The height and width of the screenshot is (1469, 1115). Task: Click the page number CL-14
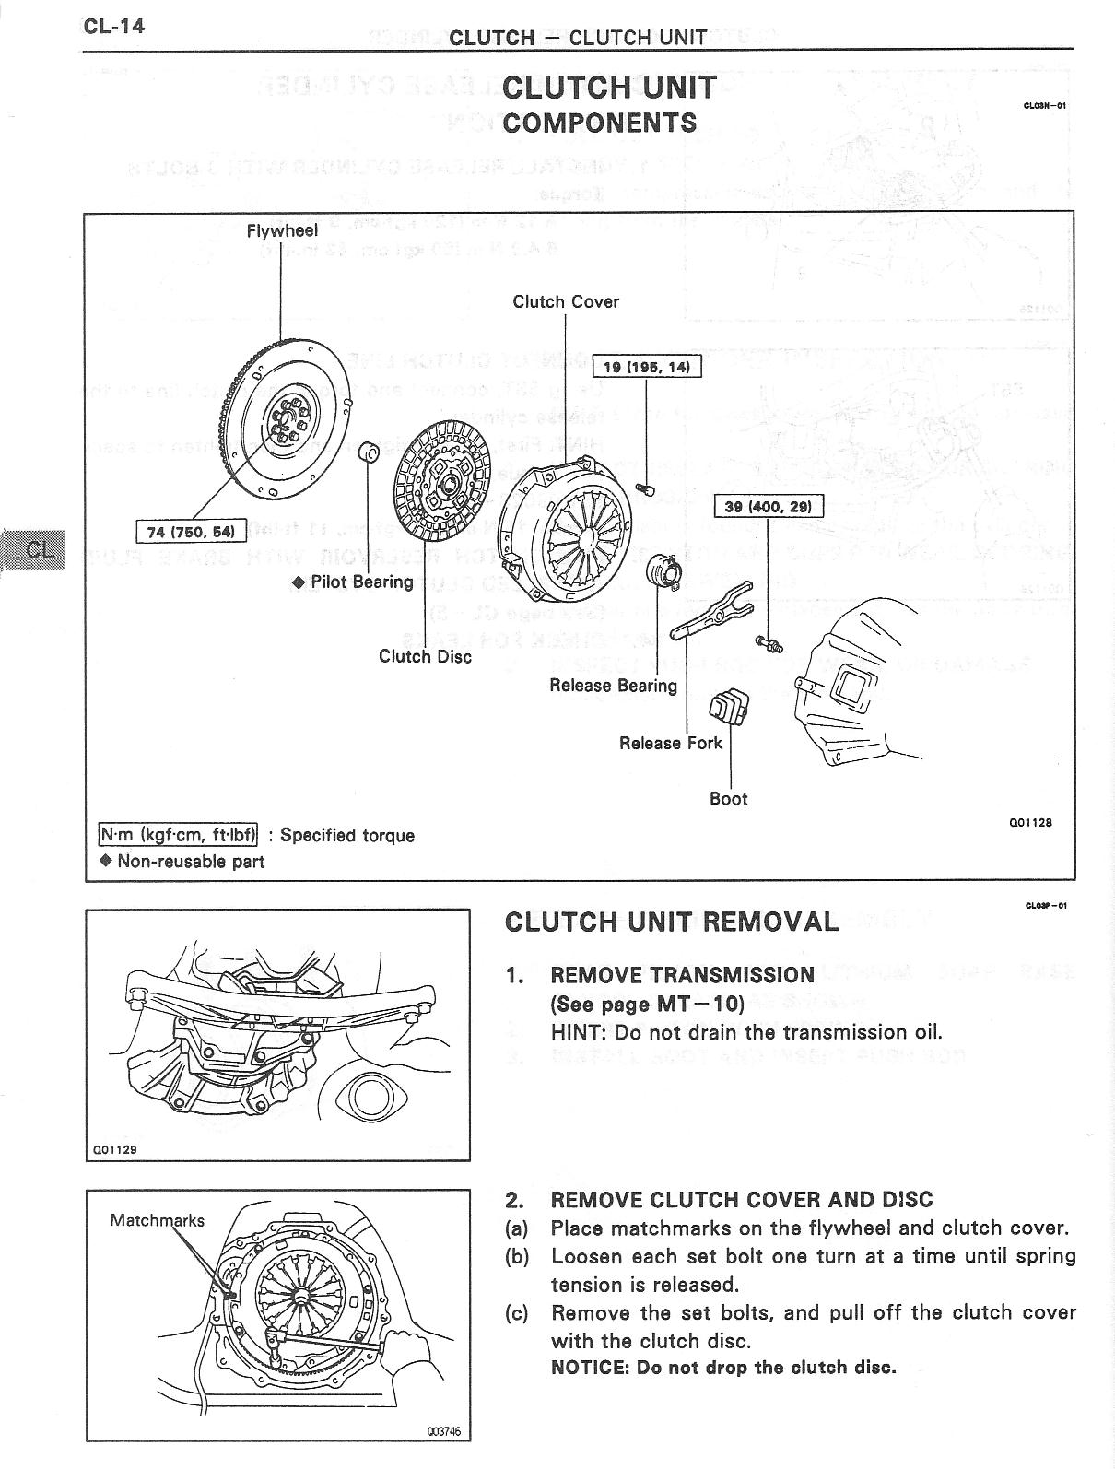pos(114,25)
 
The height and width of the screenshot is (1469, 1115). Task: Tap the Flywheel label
pos(282,230)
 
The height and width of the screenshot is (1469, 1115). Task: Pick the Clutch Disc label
pos(425,656)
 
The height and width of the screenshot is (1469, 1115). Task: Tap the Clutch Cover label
pos(566,301)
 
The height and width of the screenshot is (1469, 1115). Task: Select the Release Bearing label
pos(613,685)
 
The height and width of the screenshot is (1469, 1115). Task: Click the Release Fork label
pos(671,743)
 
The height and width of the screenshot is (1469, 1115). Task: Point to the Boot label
pos(728,799)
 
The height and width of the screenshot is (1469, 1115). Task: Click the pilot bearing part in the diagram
pos(370,452)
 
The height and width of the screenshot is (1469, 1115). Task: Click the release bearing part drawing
pos(663,572)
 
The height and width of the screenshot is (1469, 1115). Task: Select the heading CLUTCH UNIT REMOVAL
pos(672,922)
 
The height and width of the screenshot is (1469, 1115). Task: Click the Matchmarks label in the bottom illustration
pos(157,1220)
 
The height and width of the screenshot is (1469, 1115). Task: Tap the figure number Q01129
pos(115,1149)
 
